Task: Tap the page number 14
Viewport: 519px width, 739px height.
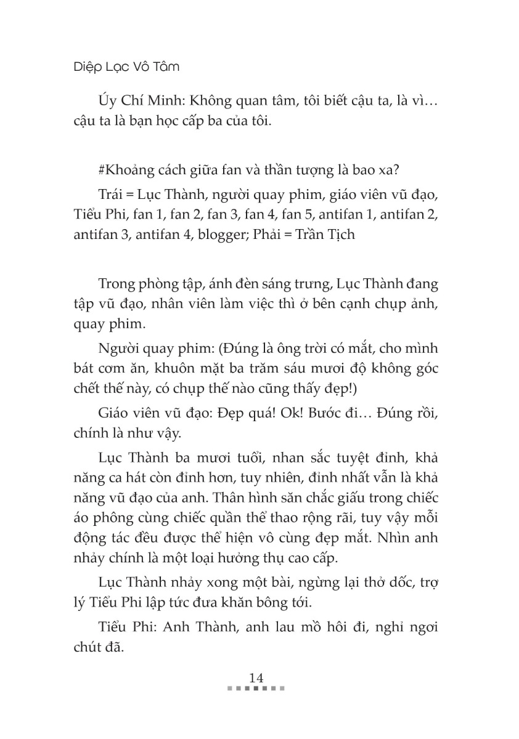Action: tap(256, 677)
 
